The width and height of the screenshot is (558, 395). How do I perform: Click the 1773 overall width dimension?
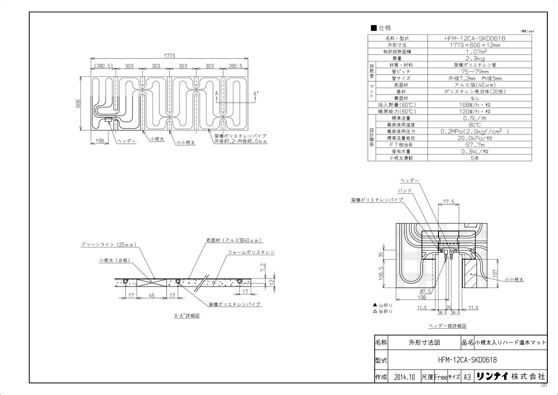(169, 55)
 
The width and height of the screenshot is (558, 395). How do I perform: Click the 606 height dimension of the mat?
(79, 103)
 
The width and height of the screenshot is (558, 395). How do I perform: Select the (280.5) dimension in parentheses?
(103, 67)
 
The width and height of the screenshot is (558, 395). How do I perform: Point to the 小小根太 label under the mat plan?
(185, 143)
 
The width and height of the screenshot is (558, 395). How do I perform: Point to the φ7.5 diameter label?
(425, 291)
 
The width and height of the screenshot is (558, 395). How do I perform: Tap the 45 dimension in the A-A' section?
(152, 295)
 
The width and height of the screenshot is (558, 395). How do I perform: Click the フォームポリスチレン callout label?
(251, 252)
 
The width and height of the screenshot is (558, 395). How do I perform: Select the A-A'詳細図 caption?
(187, 315)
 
